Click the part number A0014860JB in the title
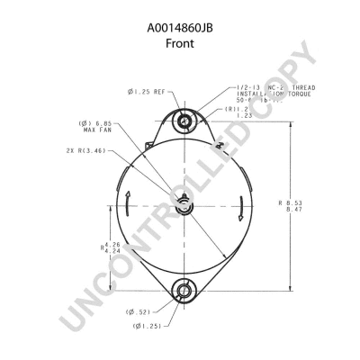click(x=180, y=27)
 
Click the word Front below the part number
click(x=180, y=42)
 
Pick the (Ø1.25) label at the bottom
click(x=148, y=325)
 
